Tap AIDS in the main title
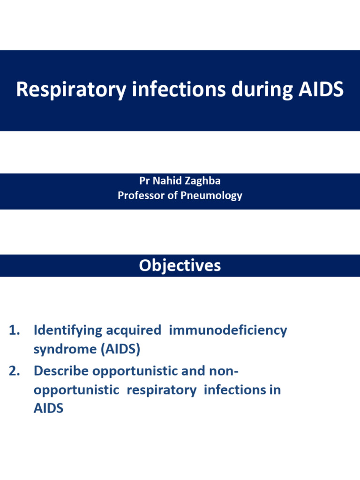point(321,90)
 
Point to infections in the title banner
point(179,90)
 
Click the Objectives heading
point(180,266)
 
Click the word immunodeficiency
point(228,330)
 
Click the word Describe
point(61,371)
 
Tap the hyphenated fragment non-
point(223,371)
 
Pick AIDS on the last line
point(48,408)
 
